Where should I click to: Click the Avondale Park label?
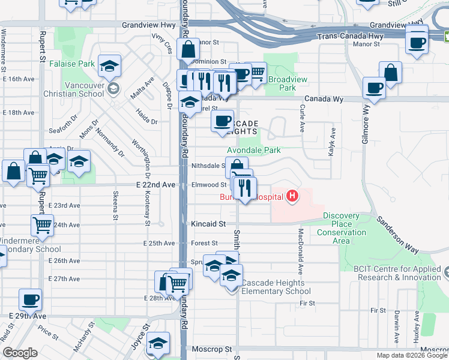(253, 150)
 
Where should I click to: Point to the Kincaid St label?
(208, 224)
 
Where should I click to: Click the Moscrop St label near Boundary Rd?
(211, 349)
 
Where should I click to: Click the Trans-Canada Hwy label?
(350, 37)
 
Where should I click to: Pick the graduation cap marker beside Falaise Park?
(110, 65)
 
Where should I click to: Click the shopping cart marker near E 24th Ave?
(42, 226)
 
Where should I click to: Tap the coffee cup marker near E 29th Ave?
(30, 299)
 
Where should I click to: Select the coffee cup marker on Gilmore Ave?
(374, 89)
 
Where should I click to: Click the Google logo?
(19, 353)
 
